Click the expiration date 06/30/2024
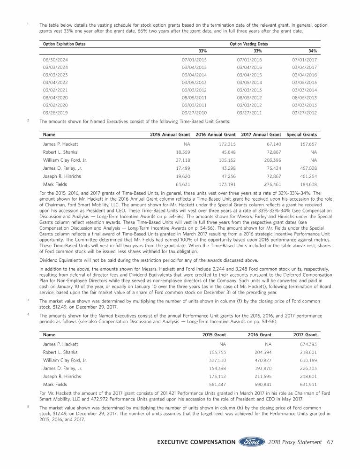coord(52,60)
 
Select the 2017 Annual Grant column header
coord(261,135)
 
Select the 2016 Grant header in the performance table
coord(259,335)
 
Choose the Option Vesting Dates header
coord(249,44)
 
